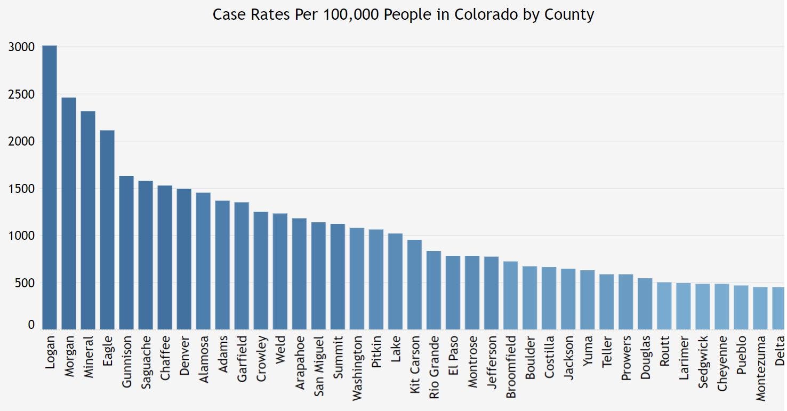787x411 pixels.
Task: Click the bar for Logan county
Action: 50,188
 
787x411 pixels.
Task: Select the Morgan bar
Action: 69,213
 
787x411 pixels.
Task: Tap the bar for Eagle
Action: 107,230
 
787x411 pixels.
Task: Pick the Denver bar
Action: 184,259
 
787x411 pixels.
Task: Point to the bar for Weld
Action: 280,271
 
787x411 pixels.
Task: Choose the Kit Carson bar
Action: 414,285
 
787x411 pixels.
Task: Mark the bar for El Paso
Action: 453,293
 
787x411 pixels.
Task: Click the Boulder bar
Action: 529,298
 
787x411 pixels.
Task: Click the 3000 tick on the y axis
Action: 22,47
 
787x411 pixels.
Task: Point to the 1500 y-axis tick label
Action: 22,189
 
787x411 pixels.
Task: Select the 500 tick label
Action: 25,283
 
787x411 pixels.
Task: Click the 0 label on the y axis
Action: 31,325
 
